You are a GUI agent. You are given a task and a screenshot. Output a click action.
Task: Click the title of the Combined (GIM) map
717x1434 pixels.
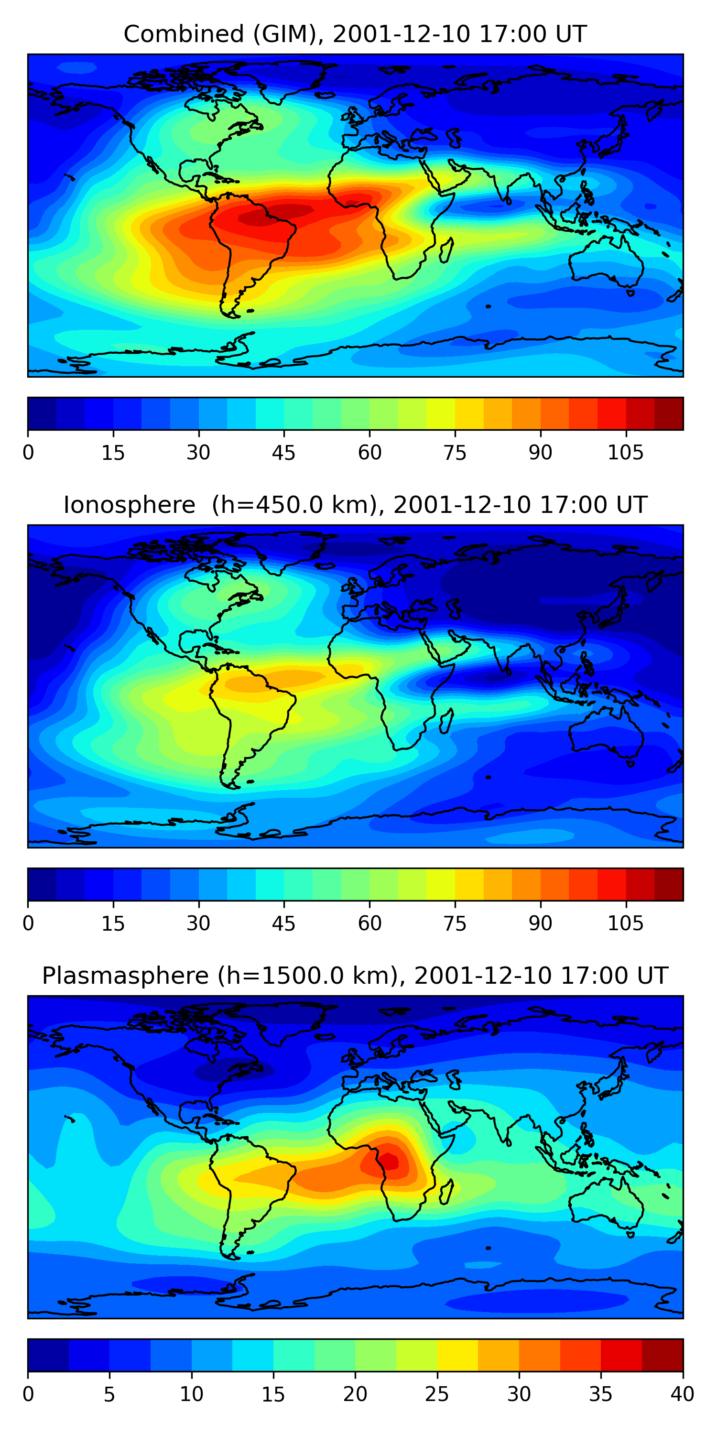coord(355,34)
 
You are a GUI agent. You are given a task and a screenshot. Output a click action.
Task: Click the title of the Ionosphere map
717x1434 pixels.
coord(355,505)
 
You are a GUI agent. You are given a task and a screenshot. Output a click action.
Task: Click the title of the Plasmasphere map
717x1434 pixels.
coord(355,976)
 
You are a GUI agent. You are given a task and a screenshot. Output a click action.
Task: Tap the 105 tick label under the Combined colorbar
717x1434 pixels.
coord(625,453)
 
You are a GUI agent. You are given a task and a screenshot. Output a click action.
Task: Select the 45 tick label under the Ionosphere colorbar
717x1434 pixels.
coord(283,923)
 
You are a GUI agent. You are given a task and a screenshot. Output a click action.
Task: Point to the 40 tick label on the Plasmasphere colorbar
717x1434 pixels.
coord(682,1394)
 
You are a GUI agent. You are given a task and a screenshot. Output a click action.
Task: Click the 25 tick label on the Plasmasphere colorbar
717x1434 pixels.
coord(437,1394)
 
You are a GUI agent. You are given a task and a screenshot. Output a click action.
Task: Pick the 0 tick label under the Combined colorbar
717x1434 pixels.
coord(28,453)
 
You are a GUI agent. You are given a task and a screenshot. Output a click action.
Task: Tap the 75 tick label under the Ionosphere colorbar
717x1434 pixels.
coord(455,923)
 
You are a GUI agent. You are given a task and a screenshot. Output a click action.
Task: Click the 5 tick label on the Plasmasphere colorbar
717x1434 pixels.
coord(109,1394)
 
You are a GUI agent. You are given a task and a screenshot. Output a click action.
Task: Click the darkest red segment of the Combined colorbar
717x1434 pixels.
coord(669,413)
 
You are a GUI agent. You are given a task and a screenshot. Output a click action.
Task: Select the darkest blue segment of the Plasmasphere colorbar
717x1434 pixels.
coord(48,1356)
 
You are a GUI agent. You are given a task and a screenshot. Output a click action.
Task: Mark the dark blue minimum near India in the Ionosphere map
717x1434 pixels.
coord(490,677)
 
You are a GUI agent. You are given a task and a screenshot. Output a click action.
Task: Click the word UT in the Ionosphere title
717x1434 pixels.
coord(632,505)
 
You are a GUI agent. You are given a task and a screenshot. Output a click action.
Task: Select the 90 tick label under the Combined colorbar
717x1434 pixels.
coord(540,453)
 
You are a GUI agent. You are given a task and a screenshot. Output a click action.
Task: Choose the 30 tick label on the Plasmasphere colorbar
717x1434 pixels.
coord(519,1394)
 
